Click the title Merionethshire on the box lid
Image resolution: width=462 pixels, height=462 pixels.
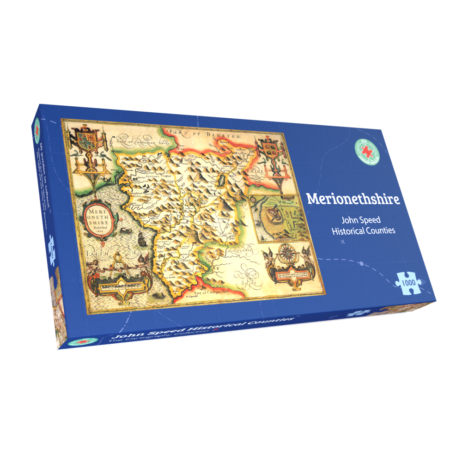click(353, 199)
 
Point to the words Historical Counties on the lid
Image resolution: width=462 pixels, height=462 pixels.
click(363, 230)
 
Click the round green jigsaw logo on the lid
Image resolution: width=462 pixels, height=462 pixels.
click(366, 150)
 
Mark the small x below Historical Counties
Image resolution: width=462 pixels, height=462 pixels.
click(342, 242)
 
